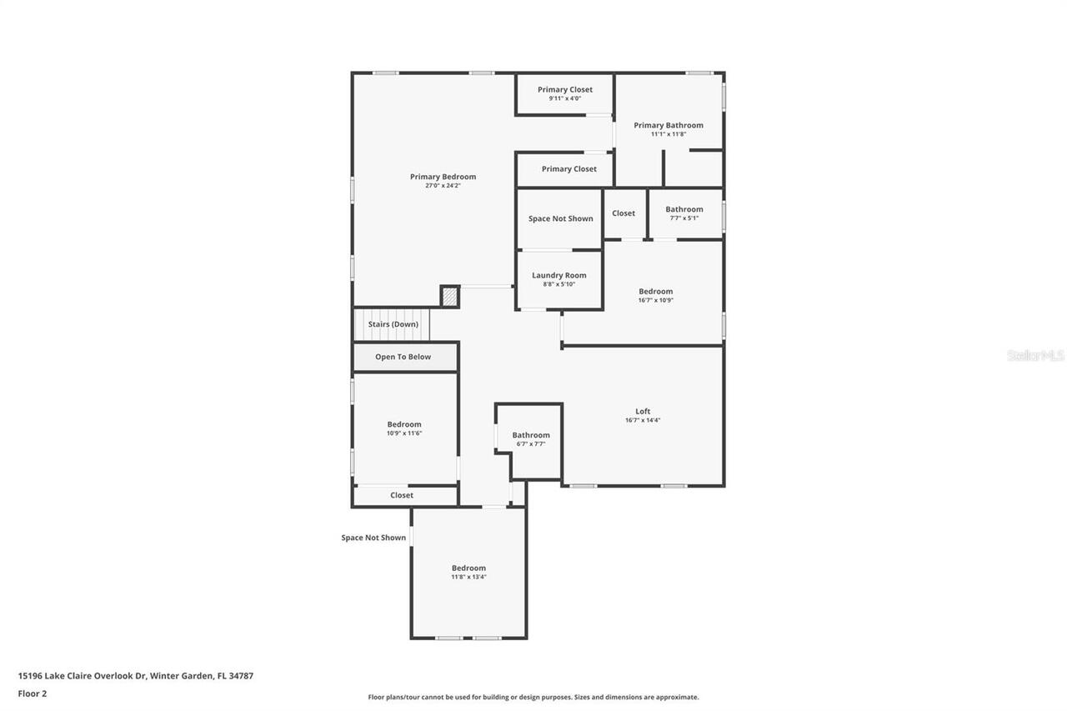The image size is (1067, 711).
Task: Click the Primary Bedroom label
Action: coord(443,177)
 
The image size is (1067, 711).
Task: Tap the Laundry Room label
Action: coord(559,275)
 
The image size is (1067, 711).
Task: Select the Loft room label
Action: coord(643,411)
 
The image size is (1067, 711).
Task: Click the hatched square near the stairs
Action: coord(449,297)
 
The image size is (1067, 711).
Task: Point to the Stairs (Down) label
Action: coord(393,324)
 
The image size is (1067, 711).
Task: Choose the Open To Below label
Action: coord(403,357)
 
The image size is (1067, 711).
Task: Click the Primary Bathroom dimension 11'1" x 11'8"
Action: coord(668,134)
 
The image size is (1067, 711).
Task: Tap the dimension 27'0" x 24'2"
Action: coord(443,186)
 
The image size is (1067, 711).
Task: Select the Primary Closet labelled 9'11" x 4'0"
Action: coord(564,90)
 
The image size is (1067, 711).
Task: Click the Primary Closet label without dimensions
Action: coord(569,169)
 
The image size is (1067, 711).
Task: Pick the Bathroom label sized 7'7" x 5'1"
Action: coord(684,209)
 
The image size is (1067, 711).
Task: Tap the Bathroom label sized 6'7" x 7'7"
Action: coord(531,435)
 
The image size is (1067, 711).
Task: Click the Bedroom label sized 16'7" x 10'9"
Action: coord(655,292)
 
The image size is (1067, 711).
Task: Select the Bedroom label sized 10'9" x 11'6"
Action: coord(404,424)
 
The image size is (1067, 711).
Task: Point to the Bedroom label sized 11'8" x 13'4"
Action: coord(468,568)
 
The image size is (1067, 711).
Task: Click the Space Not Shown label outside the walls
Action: coord(373,538)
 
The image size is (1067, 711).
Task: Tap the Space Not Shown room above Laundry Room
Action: coord(560,218)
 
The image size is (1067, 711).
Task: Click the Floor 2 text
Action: coord(33,693)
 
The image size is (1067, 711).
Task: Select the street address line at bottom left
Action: coord(136,676)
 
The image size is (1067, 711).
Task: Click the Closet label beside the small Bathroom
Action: coord(624,213)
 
